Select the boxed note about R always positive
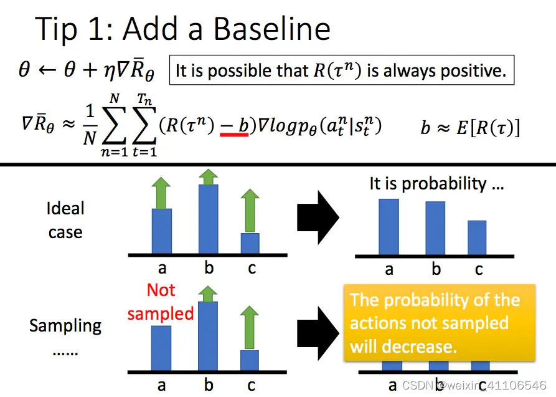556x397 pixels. (341, 70)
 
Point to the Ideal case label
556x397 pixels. (65, 220)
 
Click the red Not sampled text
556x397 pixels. (161, 302)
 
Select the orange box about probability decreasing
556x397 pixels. (439, 323)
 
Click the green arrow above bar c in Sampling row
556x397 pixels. (250, 327)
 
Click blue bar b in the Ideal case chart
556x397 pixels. (209, 218)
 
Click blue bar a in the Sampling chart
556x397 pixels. (161, 348)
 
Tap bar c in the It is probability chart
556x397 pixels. (477, 237)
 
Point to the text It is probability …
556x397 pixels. (436, 183)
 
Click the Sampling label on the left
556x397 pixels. (65, 325)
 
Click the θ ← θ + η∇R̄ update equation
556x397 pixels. (84, 70)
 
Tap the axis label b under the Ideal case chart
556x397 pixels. (209, 268)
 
